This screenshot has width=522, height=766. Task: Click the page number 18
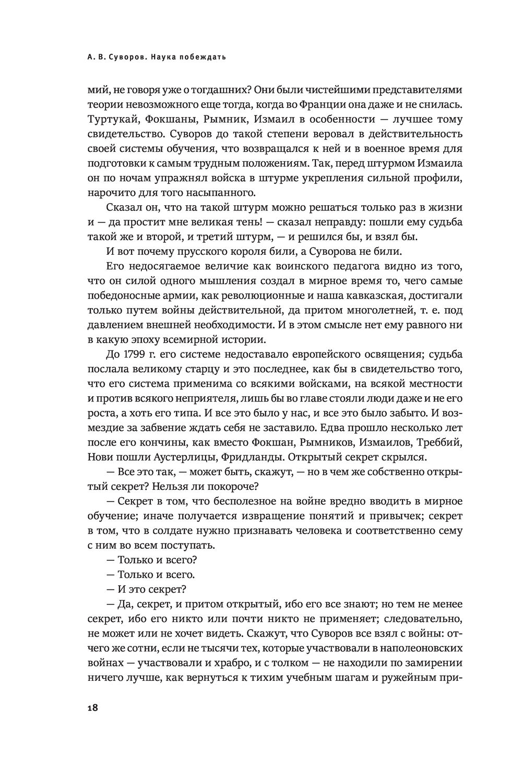[92, 709]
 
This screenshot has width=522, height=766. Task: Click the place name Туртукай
[111, 120]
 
